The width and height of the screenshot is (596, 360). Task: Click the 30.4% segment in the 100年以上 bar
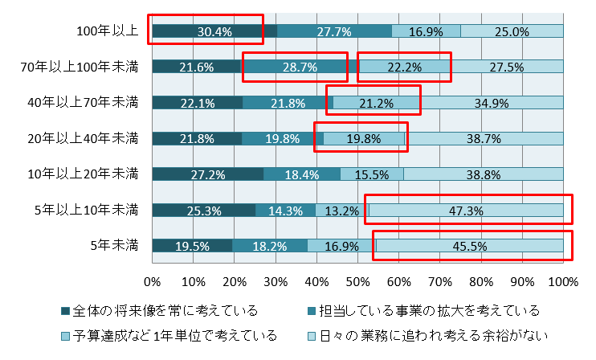[x=214, y=31]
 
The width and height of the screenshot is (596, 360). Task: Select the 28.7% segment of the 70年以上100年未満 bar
[x=300, y=67]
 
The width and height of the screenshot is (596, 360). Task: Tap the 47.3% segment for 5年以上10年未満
[x=467, y=211]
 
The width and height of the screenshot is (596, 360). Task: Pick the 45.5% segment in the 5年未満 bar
[x=469, y=246]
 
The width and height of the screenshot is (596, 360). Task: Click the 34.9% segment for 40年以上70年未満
[x=492, y=103]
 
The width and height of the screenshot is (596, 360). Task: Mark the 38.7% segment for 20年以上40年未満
[x=484, y=138]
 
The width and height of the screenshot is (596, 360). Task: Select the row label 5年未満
[x=115, y=246]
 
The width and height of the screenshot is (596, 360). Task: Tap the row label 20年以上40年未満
[x=83, y=138]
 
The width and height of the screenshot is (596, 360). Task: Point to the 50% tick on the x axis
[x=357, y=282]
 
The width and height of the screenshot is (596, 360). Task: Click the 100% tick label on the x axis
[x=563, y=282]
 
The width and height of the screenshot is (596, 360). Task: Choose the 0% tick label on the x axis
[x=152, y=282]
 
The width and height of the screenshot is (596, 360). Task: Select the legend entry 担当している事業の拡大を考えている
[x=424, y=310]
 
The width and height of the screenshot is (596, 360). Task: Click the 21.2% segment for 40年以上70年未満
[x=377, y=103]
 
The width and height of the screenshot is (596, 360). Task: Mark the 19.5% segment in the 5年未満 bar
[x=192, y=246]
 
